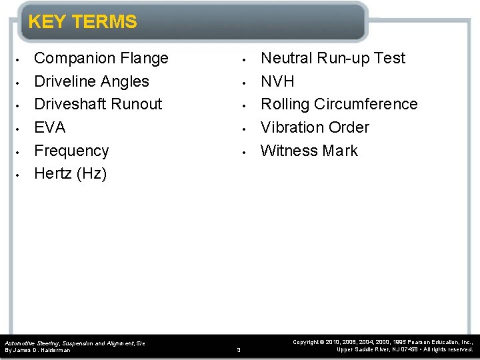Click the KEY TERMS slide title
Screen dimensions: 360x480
click(82, 22)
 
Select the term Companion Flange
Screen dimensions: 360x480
click(101, 59)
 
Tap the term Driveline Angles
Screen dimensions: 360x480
click(91, 81)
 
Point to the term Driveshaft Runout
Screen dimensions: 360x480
click(98, 105)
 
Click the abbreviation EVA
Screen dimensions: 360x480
click(50, 127)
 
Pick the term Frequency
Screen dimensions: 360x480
click(71, 151)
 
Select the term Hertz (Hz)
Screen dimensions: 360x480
click(70, 174)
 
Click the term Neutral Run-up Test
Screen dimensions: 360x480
click(333, 59)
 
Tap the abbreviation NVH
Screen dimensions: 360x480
click(277, 81)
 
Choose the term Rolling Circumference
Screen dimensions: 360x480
click(339, 105)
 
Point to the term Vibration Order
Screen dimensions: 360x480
click(315, 127)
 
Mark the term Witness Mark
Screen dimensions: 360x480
click(309, 151)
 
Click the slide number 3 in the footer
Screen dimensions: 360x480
click(239, 349)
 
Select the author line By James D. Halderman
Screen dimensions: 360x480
click(37, 350)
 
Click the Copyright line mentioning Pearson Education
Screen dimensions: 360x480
click(383, 342)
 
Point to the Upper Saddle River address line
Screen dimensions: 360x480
click(405, 350)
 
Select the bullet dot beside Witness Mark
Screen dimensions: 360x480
click(245, 151)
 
